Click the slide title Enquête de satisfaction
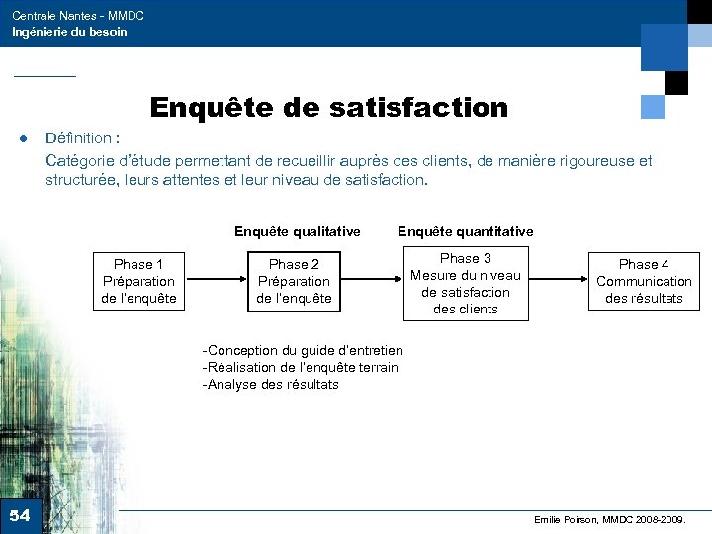pos(328,107)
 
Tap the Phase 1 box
pos(139,281)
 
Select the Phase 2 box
pos(294,281)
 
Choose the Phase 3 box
pos(465,283)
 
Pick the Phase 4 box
pos(644,281)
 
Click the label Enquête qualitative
pos(297,231)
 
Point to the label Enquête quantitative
pos(465,231)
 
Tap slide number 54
pos(20,515)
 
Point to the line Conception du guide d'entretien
pos(303,350)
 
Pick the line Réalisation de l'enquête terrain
pos(301,367)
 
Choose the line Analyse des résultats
pos(271,384)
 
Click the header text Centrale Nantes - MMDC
pos(77,16)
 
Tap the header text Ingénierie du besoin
pos(69,32)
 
